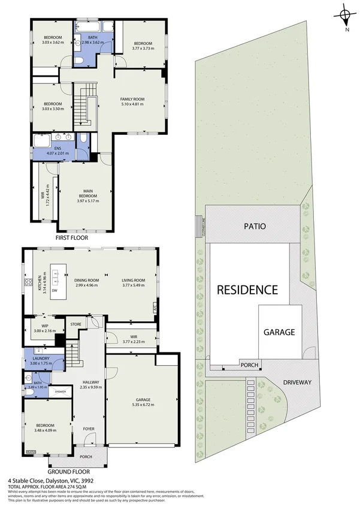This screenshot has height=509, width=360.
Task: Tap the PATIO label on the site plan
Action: tap(254, 227)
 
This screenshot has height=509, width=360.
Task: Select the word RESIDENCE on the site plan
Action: tap(247, 290)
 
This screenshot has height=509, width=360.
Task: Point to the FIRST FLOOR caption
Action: tap(72, 238)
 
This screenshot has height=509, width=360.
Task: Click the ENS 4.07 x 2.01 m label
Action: tap(58, 150)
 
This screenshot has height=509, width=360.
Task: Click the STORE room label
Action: tap(75, 325)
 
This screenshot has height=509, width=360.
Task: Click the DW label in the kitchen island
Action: tap(55, 290)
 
